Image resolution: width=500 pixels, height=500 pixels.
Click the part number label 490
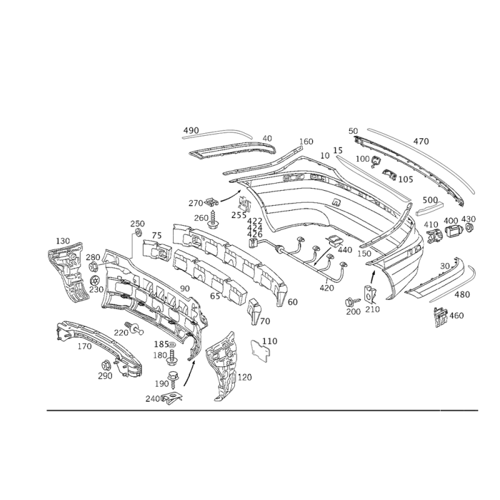[191, 130]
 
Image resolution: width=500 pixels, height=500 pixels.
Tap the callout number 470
[421, 141]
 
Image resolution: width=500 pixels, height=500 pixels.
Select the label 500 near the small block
[430, 200]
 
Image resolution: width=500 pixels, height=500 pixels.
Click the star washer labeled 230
[95, 280]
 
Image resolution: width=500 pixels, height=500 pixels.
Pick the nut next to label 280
[94, 265]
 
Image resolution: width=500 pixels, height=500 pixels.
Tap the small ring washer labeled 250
[139, 232]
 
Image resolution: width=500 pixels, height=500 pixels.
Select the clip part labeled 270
[212, 201]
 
